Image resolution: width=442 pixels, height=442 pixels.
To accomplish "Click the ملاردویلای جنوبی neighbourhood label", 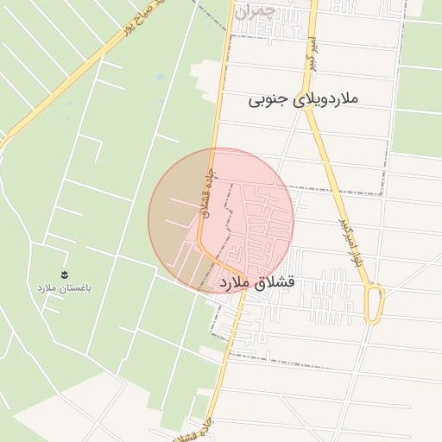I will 302,99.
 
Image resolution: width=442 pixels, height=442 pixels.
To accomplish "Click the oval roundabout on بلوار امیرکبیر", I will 374,304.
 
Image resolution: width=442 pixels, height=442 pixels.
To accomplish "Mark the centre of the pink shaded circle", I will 221,220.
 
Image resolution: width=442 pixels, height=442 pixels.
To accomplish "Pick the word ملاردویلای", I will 325,99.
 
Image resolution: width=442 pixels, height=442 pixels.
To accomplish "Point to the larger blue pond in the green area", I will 160,77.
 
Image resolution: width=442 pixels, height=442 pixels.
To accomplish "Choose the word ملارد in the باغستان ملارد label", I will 46,287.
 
